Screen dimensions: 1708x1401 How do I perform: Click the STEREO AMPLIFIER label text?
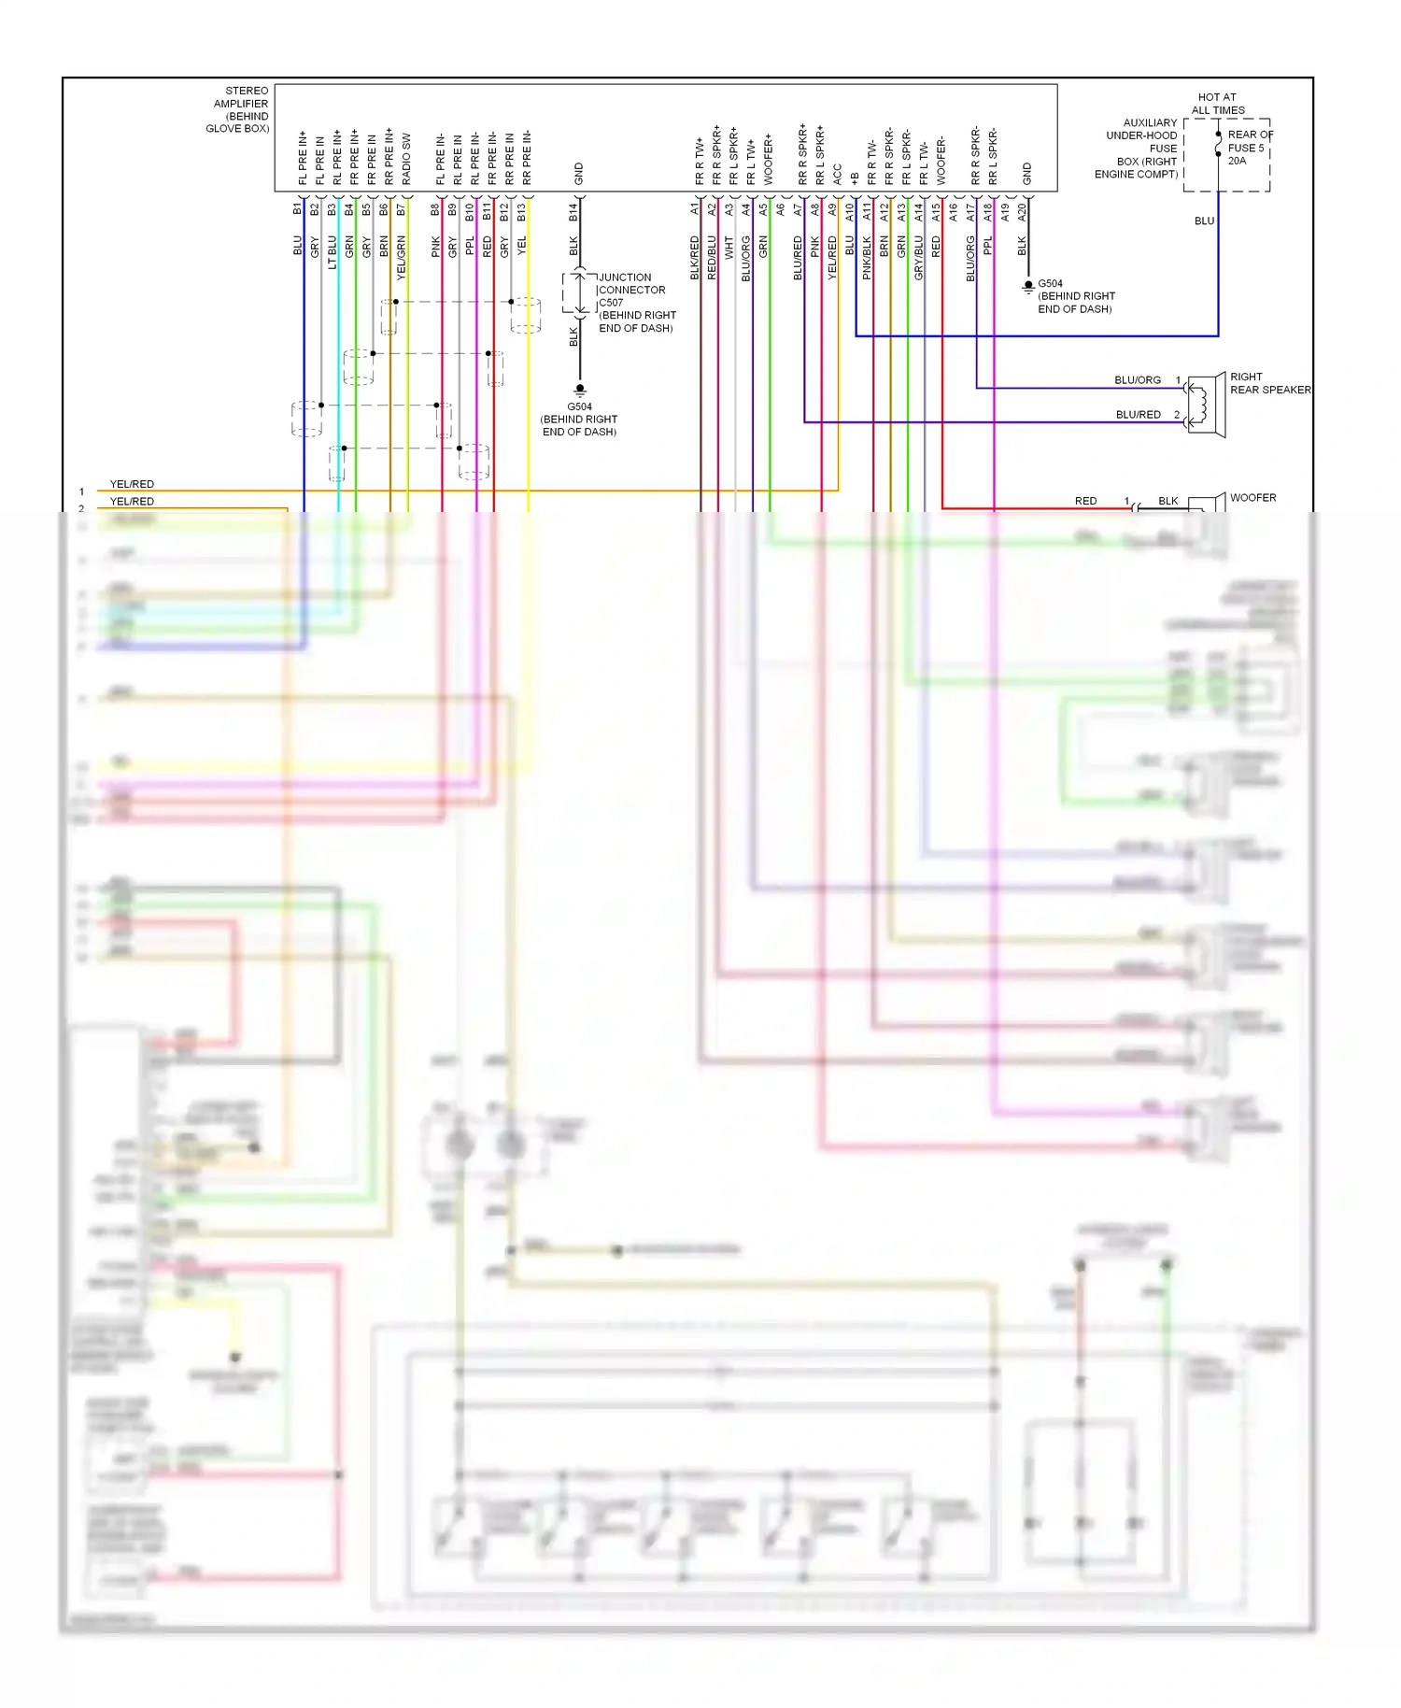pos(239,109)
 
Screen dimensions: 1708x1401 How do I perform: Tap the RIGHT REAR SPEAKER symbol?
pos(1209,404)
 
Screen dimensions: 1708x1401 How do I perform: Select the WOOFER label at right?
pos(1252,498)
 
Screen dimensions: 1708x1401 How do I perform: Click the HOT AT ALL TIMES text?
pos(1217,104)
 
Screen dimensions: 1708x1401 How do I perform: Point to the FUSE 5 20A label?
pos(1247,148)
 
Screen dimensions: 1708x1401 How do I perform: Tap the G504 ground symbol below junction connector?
pos(580,389)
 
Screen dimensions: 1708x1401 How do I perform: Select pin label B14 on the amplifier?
pos(573,212)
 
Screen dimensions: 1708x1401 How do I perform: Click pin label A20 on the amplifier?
pos(1022,212)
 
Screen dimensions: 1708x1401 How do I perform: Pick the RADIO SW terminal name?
pos(406,158)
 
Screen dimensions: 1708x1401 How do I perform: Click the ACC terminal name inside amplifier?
pos(838,174)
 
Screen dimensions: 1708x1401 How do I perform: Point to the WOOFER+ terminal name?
pos(769,159)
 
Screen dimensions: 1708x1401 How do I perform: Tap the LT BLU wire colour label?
pos(333,251)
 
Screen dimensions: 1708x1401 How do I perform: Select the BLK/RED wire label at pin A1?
pos(695,258)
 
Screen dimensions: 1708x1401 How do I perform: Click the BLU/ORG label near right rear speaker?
pos(1137,380)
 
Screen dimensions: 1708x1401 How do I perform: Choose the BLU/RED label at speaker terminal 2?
pos(1138,414)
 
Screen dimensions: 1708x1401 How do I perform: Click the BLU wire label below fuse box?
pos(1204,221)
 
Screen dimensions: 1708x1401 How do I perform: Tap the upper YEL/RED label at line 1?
pos(132,484)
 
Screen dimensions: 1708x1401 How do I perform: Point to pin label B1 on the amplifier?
pos(297,208)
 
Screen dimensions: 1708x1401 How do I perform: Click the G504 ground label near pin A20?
pos(1050,283)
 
